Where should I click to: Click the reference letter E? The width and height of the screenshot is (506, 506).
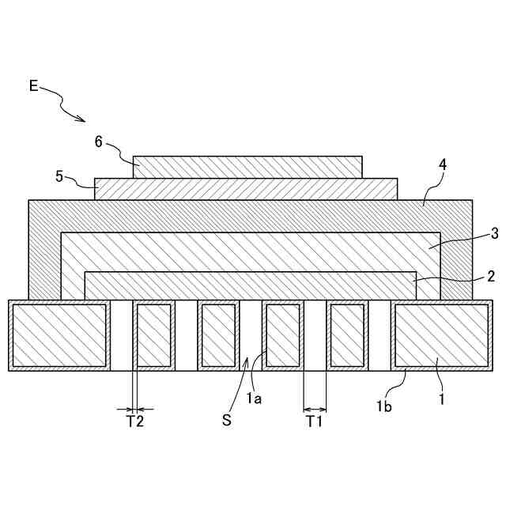(33, 86)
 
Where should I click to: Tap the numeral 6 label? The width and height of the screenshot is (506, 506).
(99, 142)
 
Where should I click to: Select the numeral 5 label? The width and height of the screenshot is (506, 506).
(59, 176)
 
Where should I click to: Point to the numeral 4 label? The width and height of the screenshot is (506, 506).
(443, 165)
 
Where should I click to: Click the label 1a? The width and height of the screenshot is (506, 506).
(254, 399)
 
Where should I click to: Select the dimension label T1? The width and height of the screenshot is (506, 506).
(315, 421)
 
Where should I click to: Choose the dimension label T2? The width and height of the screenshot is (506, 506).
(135, 421)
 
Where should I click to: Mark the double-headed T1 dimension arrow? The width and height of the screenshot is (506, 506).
(315, 409)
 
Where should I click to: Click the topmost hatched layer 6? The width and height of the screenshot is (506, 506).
(247, 167)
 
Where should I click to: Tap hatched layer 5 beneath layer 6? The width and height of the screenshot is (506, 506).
(246, 189)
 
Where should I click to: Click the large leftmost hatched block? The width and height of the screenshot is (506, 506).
(59, 335)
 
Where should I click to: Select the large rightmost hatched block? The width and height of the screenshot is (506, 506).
(440, 335)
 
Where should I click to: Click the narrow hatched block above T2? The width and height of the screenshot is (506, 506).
(154, 335)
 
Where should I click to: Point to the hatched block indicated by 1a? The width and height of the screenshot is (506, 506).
(282, 335)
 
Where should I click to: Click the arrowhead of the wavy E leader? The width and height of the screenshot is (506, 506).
(83, 120)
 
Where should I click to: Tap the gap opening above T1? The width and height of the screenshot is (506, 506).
(315, 335)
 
